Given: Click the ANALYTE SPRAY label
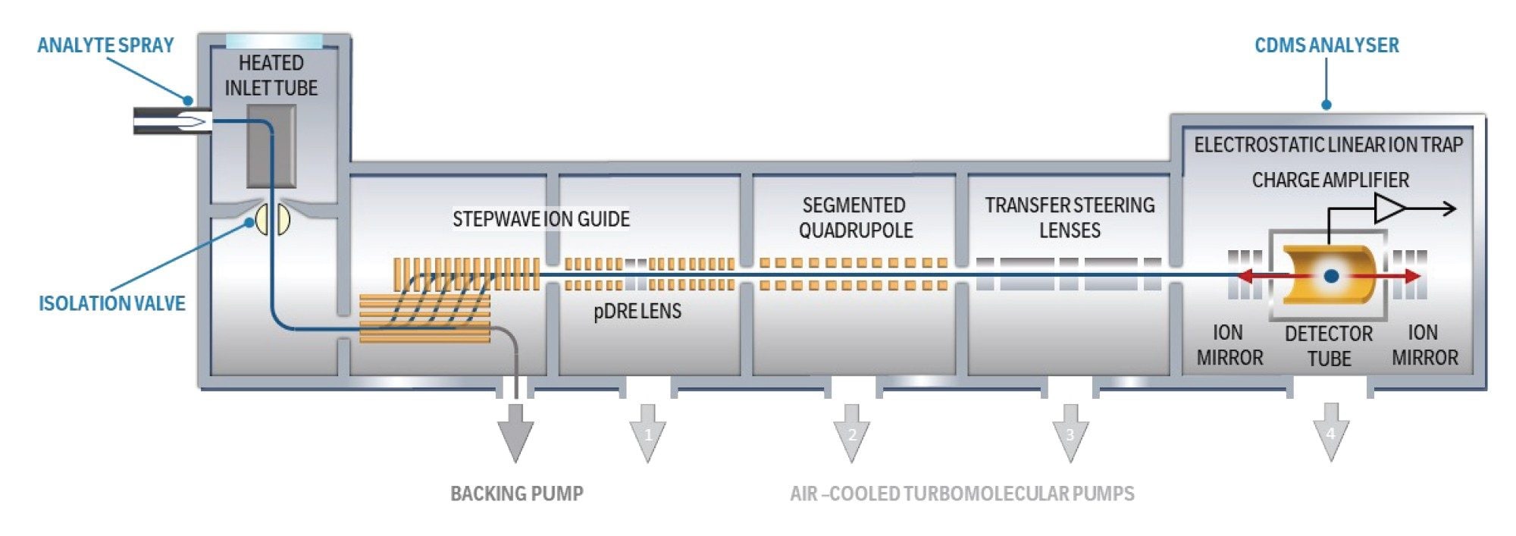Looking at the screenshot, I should click(105, 45).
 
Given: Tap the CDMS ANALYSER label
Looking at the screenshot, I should click(1326, 45).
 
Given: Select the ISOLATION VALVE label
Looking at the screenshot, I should click(112, 303).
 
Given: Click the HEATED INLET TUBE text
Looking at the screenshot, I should click(271, 75).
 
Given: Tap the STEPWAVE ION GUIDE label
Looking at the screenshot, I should click(540, 219).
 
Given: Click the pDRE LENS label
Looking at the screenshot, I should click(637, 311).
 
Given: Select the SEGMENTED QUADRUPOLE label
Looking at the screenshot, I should click(854, 218).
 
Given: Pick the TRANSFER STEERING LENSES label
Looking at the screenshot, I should click(1070, 218).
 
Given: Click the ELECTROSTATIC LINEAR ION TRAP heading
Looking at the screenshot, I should click(1328, 145).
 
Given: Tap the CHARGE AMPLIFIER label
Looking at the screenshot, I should click(1330, 180).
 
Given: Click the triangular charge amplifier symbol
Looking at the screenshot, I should click(1389, 208).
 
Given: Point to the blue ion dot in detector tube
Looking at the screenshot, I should click(1331, 276).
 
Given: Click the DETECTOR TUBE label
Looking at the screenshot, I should click(1329, 346).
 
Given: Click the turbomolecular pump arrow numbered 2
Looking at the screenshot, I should click(852, 432).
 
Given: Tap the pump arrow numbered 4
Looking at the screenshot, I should click(1331, 432).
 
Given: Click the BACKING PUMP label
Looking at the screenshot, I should click(517, 494).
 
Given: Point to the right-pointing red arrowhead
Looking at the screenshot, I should click(1411, 276).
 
